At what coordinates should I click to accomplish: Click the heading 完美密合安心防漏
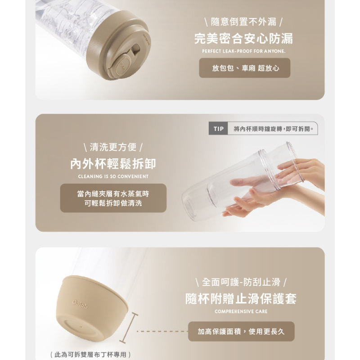tap(243, 38)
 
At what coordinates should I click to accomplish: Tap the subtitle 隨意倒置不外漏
tap(243, 22)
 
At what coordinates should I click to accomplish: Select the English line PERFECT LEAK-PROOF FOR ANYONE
tap(244, 51)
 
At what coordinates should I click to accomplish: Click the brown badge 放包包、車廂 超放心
tap(244, 68)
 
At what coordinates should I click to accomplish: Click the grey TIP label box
tap(218, 129)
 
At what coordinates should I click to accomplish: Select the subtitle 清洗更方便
tap(113, 147)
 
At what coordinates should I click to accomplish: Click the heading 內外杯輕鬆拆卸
tap(113, 164)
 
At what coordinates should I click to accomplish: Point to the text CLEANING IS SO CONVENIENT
tap(113, 176)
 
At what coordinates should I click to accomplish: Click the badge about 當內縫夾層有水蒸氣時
tap(113, 198)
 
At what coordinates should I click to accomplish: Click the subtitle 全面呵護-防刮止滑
tap(241, 282)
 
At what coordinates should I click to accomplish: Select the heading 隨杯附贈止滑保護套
tap(241, 299)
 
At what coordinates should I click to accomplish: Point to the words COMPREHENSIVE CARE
tap(241, 311)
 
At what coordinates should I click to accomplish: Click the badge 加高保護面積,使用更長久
tap(241, 331)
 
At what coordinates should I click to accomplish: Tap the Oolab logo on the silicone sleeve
tap(80, 305)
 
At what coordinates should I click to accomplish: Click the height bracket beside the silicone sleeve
tap(129, 328)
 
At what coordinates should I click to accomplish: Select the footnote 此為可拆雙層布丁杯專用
tap(90, 355)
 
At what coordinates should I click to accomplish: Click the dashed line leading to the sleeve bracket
tap(162, 331)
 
